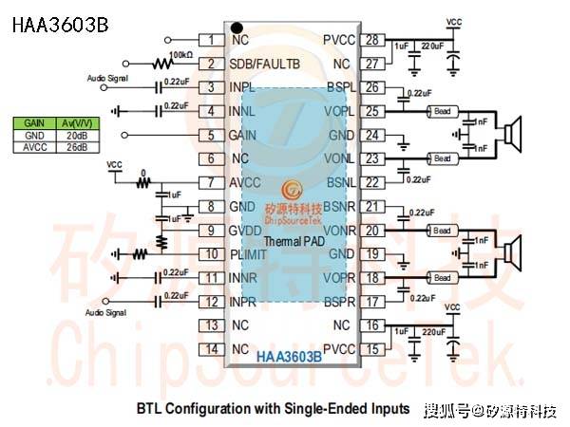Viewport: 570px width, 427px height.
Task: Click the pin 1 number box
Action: tap(209, 40)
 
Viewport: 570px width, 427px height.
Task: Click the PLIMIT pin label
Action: tap(252, 254)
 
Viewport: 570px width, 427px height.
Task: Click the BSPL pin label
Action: tap(339, 88)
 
